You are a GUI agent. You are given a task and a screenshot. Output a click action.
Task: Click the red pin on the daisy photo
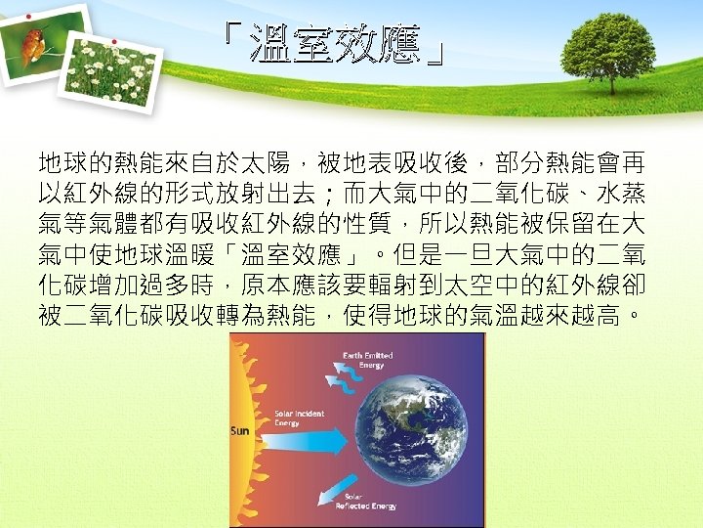tap(114, 42)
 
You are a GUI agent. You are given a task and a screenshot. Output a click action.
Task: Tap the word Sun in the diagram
tap(239, 431)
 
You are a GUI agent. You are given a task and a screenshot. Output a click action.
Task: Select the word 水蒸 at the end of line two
tap(624, 189)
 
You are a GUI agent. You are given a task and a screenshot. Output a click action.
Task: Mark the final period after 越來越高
tap(637, 319)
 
